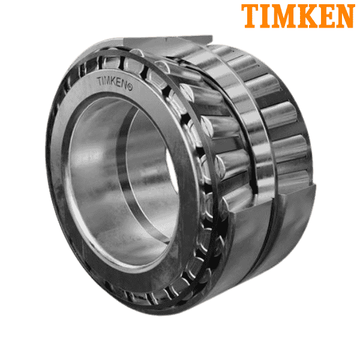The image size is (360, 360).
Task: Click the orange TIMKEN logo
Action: point(297,16)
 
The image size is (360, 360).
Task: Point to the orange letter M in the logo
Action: point(283,16)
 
